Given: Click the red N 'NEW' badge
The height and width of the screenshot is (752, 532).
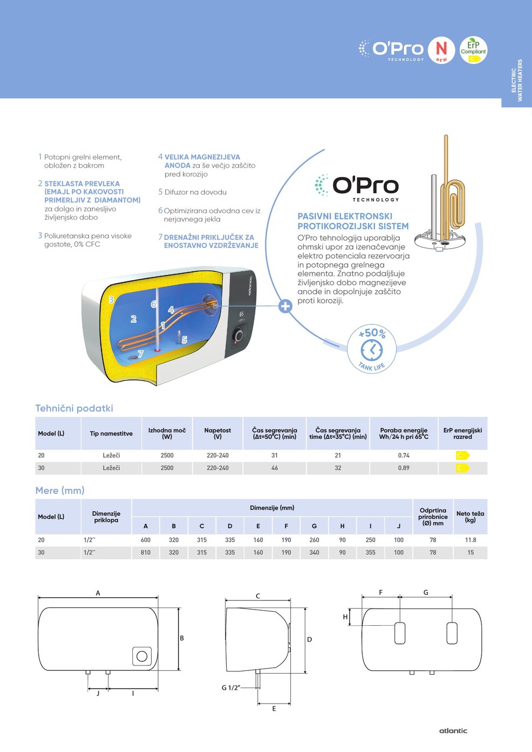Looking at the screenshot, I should pyautogui.click(x=442, y=50).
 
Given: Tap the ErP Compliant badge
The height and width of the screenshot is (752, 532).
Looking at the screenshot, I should pyautogui.click(x=473, y=50).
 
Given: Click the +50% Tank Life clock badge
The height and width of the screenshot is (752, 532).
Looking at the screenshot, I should pyautogui.click(x=371, y=350).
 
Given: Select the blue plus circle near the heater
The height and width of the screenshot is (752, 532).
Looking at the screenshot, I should pyautogui.click(x=285, y=306).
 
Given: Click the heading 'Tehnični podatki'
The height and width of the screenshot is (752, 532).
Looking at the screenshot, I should pyautogui.click(x=74, y=408).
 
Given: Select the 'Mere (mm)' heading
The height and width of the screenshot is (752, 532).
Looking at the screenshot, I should pyautogui.click(x=60, y=490).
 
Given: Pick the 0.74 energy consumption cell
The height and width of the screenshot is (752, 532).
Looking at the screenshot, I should pyautogui.click(x=404, y=455).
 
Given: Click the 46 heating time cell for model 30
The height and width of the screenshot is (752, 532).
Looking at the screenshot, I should pyautogui.click(x=275, y=468).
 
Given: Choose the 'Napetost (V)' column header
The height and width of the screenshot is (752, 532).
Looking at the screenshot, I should pyautogui.click(x=218, y=433).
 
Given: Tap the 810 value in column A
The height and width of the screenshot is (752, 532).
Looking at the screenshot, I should pyautogui.click(x=146, y=553).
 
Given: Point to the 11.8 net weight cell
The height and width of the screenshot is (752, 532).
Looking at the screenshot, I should pyautogui.click(x=470, y=540).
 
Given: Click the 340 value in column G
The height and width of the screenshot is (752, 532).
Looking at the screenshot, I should pyautogui.click(x=314, y=553).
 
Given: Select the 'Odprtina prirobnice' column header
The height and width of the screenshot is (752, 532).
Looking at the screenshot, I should pyautogui.click(x=433, y=517).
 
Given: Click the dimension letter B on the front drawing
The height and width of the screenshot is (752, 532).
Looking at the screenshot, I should pyautogui.click(x=182, y=638).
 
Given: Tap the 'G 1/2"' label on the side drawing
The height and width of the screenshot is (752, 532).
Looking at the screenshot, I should pyautogui.click(x=231, y=688).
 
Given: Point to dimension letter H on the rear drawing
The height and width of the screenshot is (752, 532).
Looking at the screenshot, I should pyautogui.click(x=345, y=617).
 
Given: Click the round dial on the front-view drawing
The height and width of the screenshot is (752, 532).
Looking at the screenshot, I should pyautogui.click(x=142, y=656).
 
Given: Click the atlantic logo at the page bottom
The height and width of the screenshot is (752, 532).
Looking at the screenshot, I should pyautogui.click(x=453, y=731).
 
